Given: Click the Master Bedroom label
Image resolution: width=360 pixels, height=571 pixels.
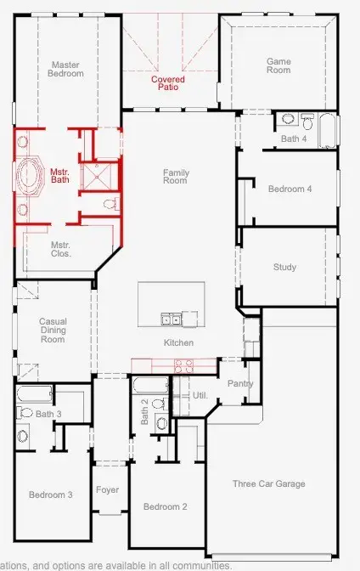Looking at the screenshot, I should [65, 69].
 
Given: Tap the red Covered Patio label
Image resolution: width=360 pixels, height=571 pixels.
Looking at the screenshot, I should [167, 83].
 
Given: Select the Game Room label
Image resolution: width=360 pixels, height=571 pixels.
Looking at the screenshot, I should [278, 65].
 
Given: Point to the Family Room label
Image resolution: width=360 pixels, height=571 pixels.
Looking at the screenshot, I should [176, 177].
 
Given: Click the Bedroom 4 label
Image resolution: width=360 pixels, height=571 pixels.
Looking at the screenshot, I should [290, 189].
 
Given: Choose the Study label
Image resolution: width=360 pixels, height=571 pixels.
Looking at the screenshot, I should [284, 268].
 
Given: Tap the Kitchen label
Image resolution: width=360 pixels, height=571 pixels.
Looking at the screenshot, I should [178, 343].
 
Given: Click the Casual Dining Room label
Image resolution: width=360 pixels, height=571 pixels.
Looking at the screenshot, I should [53, 331].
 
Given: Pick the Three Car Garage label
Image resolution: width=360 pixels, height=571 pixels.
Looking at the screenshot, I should [268, 484].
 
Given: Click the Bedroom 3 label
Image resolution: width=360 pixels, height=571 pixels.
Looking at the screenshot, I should [50, 495].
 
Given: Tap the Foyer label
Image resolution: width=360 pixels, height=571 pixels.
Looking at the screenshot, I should [107, 490].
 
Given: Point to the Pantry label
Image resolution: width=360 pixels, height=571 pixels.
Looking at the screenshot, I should [240, 384].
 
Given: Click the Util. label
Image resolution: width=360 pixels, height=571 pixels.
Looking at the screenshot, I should [200, 396].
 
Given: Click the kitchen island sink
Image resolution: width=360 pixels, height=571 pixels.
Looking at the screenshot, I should [171, 319].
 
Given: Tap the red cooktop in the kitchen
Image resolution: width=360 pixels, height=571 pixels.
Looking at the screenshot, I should [184, 365].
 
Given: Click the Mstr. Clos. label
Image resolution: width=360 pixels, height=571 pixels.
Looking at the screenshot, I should [61, 249].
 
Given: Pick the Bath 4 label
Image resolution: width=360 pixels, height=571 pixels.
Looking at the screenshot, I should [294, 139].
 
